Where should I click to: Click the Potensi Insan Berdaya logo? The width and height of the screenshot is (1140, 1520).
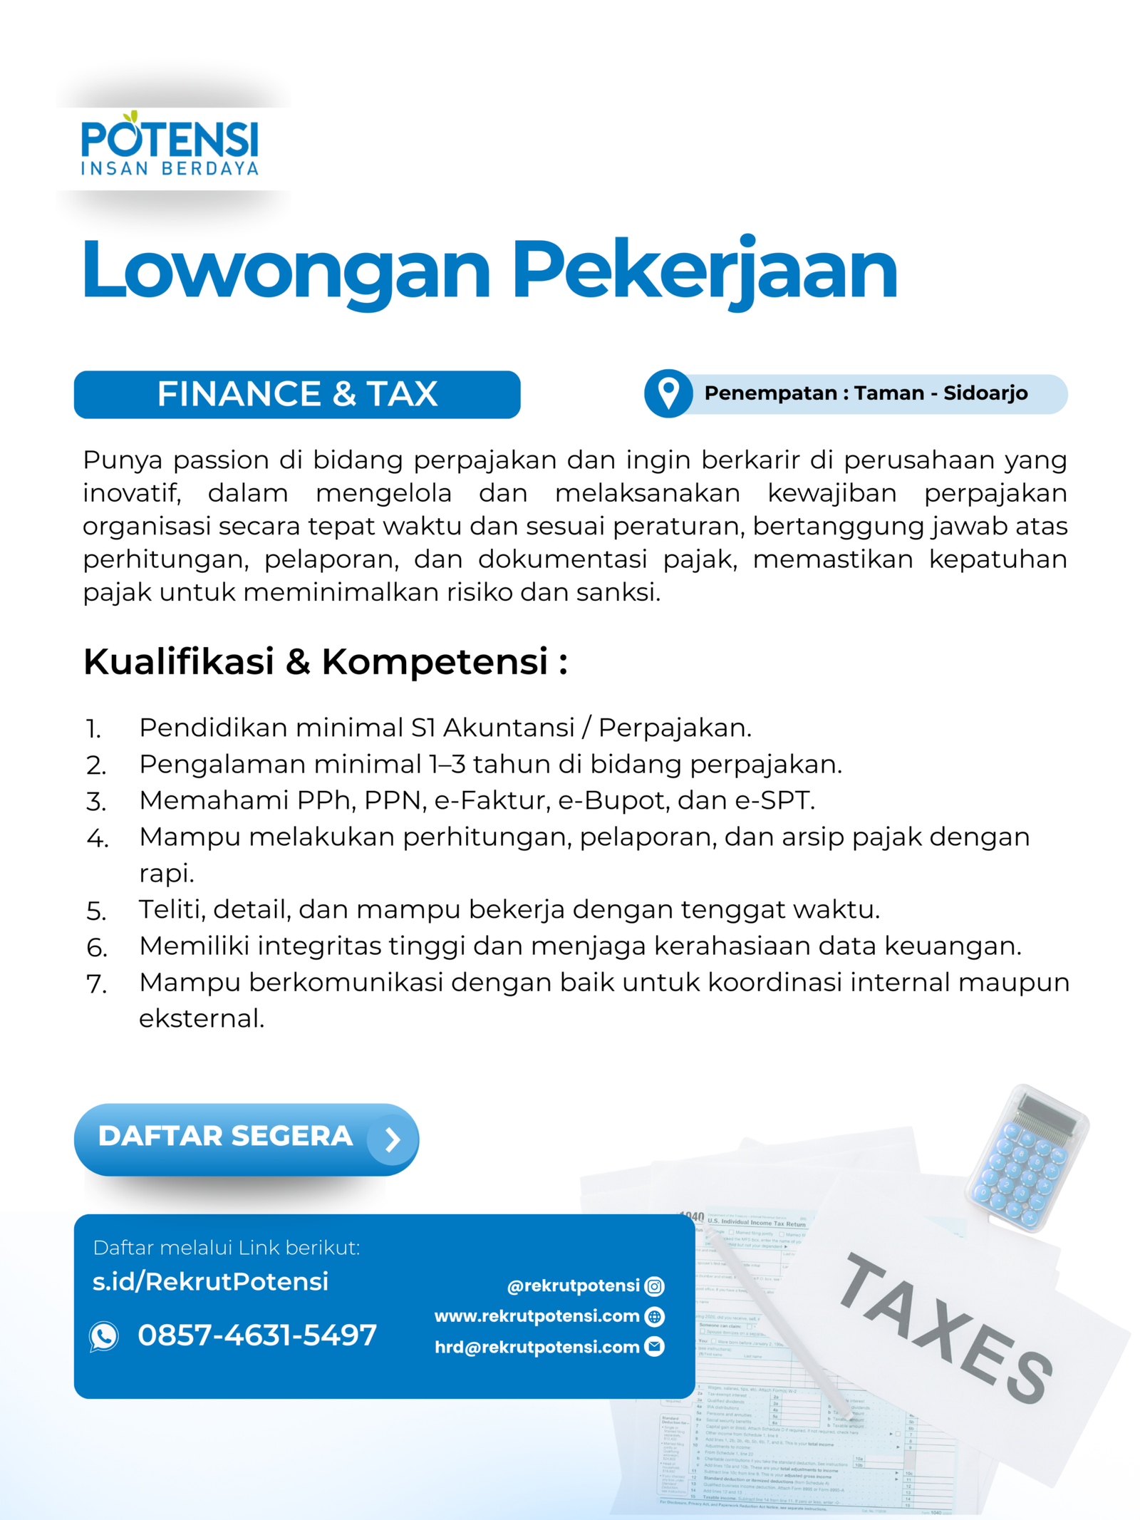[170, 143]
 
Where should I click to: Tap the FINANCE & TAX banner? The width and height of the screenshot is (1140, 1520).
[296, 394]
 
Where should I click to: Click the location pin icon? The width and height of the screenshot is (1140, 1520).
[668, 393]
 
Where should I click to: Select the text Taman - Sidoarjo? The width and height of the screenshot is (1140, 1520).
[940, 393]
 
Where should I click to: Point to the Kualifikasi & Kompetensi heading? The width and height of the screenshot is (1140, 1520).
[325, 661]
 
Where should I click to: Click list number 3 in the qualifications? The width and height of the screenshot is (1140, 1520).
[96, 802]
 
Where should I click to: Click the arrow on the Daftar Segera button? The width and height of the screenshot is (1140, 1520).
[392, 1139]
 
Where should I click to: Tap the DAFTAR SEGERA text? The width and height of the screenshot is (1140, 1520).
[225, 1137]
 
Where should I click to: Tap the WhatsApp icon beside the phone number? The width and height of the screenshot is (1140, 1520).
[104, 1336]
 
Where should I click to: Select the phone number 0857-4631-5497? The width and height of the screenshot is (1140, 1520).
[257, 1335]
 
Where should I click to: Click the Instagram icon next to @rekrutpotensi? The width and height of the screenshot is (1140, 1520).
[654, 1286]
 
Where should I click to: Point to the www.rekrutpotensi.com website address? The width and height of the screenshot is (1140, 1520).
[537, 1316]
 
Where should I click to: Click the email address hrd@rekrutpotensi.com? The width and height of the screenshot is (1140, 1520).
[537, 1347]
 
